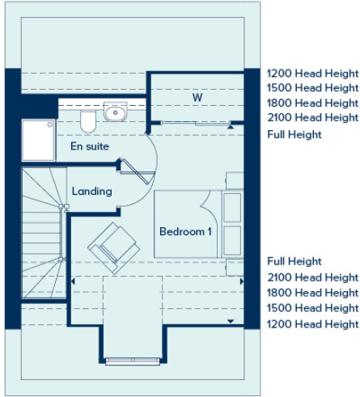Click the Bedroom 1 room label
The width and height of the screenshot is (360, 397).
coord(185,231)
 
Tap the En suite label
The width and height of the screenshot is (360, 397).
coord(90,146)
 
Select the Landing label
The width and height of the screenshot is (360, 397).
coord(91,192)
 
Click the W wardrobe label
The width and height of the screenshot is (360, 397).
coord(197,98)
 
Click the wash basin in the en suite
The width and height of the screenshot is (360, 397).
coord(116,112)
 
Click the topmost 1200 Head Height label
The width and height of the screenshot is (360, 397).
coord(312,72)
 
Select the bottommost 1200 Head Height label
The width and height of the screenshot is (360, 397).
coord(312,324)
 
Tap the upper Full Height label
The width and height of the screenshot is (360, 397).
coord(294,134)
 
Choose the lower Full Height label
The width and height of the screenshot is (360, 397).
coord(294,261)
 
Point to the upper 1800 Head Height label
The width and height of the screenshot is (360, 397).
coord(312,103)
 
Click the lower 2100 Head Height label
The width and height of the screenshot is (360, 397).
coord(312,277)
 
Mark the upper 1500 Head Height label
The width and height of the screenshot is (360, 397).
coord(312,87)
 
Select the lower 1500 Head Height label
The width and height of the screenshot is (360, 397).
coord(312,308)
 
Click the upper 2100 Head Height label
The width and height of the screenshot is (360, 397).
coord(312,118)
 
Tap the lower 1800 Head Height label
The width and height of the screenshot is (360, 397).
coord(312,293)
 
